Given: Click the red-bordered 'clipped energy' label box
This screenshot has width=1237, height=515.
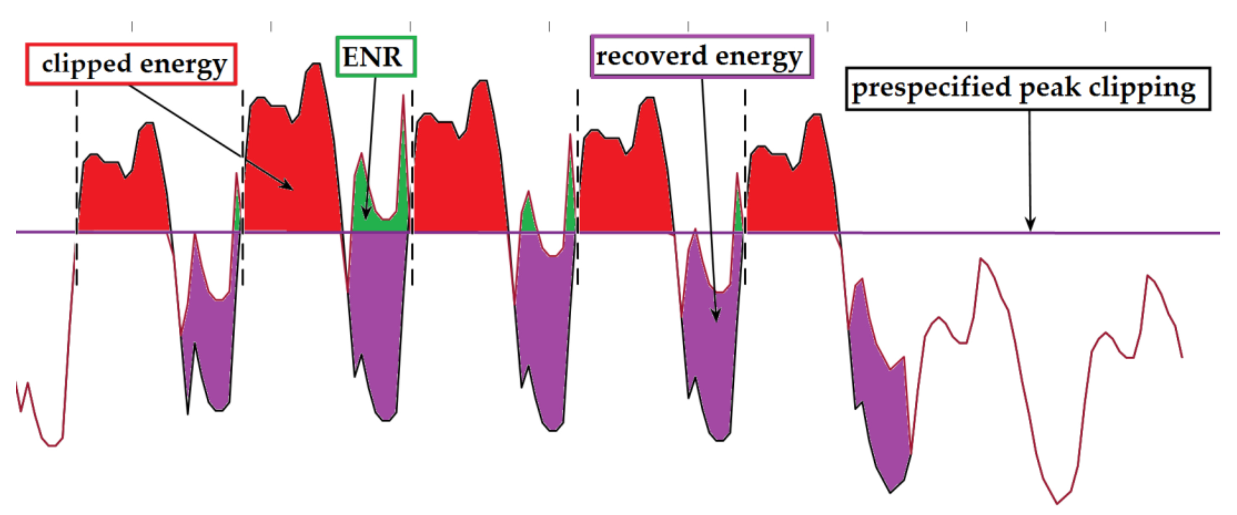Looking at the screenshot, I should click(x=131, y=64).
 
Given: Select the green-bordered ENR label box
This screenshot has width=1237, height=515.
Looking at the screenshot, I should click(x=375, y=57).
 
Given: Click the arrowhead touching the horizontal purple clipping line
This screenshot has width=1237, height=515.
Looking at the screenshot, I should click(x=1030, y=226).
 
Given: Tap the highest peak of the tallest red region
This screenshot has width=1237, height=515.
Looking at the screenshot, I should click(x=316, y=64).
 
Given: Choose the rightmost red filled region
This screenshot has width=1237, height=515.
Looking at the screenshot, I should click(x=792, y=192).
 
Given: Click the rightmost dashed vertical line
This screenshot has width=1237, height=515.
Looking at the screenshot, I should click(x=745, y=187).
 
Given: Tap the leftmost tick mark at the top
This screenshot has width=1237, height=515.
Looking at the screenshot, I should click(x=132, y=27).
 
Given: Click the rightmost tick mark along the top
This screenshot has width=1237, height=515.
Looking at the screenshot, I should click(x=1105, y=27).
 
